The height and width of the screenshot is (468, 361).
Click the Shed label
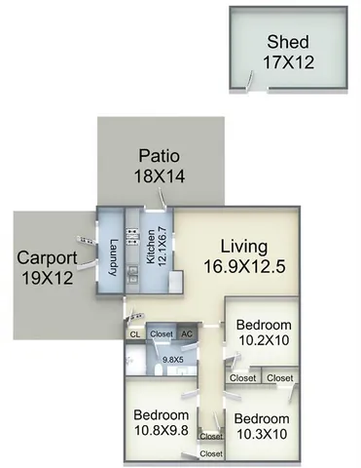(290, 42)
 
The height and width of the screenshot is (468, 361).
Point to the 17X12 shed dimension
(290, 61)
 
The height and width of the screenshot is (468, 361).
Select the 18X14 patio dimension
(160, 175)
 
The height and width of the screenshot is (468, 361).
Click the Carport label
(43, 258)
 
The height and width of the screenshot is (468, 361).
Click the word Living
(242, 246)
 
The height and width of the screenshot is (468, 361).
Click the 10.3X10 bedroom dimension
(261, 432)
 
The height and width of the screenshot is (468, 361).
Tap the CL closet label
(134, 333)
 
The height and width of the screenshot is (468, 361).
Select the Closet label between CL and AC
(162, 333)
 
